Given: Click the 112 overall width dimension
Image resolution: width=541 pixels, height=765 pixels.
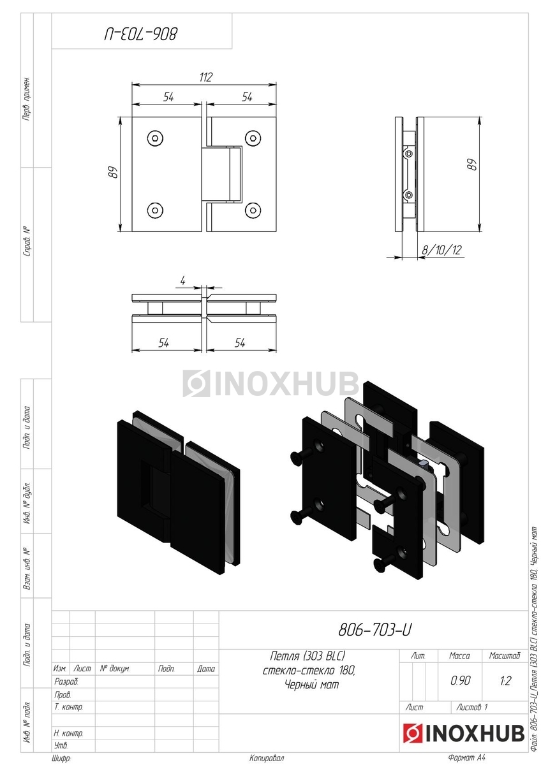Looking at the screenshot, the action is (x=205, y=77).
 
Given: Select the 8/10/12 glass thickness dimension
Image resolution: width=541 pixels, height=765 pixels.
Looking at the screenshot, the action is (x=441, y=250).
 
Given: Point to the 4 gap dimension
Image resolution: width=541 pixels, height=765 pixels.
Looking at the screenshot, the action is (x=182, y=280).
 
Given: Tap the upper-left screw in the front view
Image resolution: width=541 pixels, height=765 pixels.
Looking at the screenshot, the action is (x=155, y=138).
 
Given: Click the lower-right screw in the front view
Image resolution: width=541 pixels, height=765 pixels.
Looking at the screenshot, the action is (x=253, y=210).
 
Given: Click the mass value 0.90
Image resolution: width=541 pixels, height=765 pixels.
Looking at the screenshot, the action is (x=460, y=680).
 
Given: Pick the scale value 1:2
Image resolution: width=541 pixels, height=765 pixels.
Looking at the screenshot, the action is (x=505, y=681).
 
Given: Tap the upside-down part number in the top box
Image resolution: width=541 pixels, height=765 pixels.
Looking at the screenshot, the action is (x=141, y=34).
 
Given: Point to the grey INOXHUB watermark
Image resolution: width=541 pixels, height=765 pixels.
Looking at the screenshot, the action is (x=270, y=383).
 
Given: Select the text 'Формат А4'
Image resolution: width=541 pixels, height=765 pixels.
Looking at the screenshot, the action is (x=467, y=757).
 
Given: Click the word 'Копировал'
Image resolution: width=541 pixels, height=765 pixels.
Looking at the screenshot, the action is (x=267, y=758).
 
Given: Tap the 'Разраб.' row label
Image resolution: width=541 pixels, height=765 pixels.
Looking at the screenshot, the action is (x=66, y=681).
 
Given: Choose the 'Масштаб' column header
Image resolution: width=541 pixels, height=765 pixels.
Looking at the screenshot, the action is (x=505, y=655).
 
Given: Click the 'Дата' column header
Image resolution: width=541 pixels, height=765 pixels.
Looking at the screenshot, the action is (x=205, y=668).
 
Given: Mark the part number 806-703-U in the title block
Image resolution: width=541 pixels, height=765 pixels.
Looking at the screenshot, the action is (x=375, y=629).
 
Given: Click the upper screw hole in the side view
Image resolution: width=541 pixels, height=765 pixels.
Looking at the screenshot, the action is (x=408, y=154).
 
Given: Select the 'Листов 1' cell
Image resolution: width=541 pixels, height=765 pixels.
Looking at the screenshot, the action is (x=471, y=706).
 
